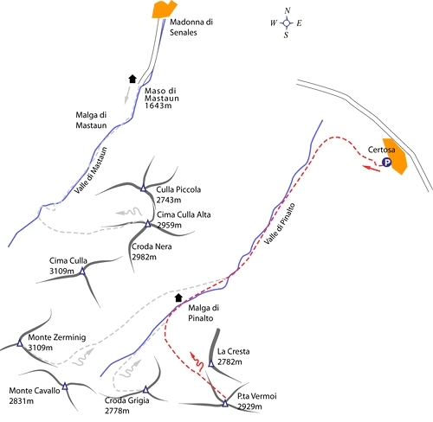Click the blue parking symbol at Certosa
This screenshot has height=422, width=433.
(x=386, y=163)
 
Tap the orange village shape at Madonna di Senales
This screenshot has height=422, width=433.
(x=164, y=10)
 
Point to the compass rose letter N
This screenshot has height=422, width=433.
(x=287, y=11)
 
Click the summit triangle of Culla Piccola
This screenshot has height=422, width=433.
(x=143, y=189)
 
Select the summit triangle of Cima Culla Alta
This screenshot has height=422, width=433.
(x=148, y=223)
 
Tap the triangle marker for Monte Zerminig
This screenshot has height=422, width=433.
(x=20, y=342)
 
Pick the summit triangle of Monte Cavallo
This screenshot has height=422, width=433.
(x=65, y=387)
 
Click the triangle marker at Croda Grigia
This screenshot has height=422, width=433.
(x=145, y=390)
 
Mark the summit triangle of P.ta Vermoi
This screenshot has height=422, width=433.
(x=225, y=403)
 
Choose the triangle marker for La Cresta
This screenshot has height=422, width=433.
(x=211, y=364)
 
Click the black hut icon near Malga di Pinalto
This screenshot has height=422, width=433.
(x=178, y=297)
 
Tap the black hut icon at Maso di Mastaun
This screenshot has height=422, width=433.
(x=132, y=79)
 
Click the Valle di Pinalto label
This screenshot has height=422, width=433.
(x=280, y=224)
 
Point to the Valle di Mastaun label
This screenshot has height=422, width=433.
(x=91, y=170)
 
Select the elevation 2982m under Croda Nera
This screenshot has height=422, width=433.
(x=144, y=257)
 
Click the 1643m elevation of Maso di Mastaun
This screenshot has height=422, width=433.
(x=158, y=105)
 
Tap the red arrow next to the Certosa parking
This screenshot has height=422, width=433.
(x=372, y=169)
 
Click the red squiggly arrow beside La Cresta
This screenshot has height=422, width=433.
(x=197, y=361)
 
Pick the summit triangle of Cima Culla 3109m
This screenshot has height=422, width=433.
(x=82, y=271)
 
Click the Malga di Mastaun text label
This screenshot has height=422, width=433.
(x=91, y=120)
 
